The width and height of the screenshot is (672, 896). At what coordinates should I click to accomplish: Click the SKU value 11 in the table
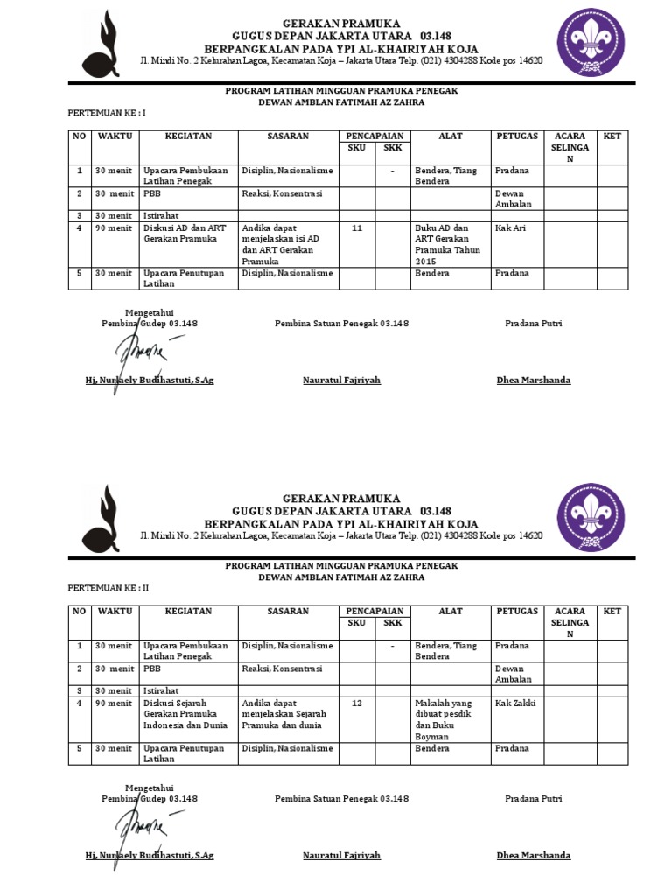point(356,227)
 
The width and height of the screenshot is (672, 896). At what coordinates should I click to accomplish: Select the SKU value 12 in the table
point(356,703)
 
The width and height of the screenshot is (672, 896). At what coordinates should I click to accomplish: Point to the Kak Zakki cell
point(515,703)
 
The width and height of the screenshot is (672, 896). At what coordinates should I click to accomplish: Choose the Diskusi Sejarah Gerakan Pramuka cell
point(185,714)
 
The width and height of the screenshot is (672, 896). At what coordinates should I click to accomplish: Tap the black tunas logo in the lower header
point(102,518)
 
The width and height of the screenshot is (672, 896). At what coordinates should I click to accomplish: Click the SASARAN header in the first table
point(288,136)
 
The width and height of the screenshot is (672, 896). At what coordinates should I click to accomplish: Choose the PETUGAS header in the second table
point(517,612)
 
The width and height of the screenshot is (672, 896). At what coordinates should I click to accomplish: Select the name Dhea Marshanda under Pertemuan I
point(534,381)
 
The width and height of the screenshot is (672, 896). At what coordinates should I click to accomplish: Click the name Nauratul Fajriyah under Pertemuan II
point(341,856)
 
